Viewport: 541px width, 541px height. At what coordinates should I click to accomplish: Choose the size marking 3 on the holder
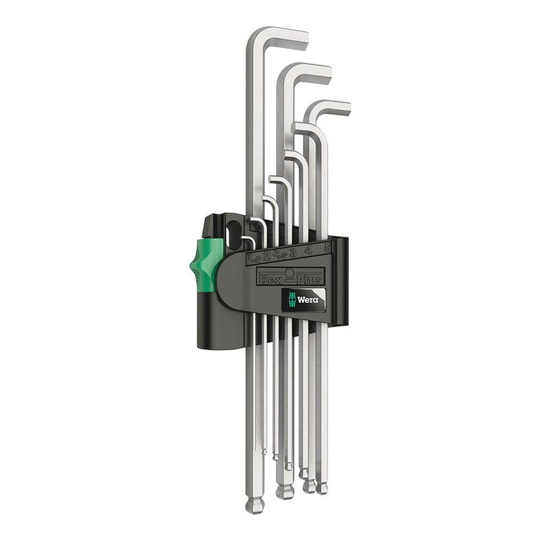[x=292, y=253]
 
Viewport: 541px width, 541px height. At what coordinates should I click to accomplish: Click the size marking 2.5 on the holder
[x=278, y=254]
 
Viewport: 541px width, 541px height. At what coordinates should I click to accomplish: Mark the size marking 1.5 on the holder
[x=253, y=258]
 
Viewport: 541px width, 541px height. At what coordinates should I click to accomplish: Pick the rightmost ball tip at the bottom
[x=322, y=488]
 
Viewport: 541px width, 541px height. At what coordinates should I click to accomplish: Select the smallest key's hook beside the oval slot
[x=248, y=239]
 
